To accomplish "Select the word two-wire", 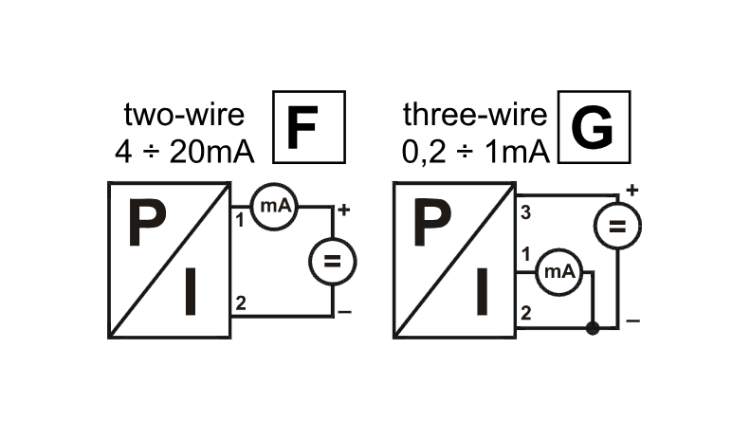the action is (x=184, y=115).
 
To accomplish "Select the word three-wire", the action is (x=475, y=115).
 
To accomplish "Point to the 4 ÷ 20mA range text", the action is (x=184, y=152).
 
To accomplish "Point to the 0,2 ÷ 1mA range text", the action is (x=475, y=152).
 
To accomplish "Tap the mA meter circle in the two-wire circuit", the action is (x=274, y=207).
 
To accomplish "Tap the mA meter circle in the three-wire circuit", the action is (x=559, y=271).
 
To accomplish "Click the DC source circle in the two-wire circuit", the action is (x=333, y=261).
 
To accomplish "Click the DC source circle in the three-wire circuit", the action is (x=617, y=227).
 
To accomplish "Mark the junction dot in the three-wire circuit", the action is (x=593, y=328).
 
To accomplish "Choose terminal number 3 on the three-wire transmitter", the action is (x=525, y=212).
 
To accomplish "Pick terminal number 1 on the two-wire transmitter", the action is (x=240, y=220).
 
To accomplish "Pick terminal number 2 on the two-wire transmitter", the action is (x=241, y=303).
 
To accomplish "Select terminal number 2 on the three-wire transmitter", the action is (x=525, y=313).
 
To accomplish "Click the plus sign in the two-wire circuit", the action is (x=344, y=211).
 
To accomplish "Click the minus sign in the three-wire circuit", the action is (x=633, y=321).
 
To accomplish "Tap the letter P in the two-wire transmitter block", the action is (x=147, y=223).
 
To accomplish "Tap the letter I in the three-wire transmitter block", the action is (x=483, y=291).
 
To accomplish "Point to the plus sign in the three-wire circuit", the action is (x=632, y=190).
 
